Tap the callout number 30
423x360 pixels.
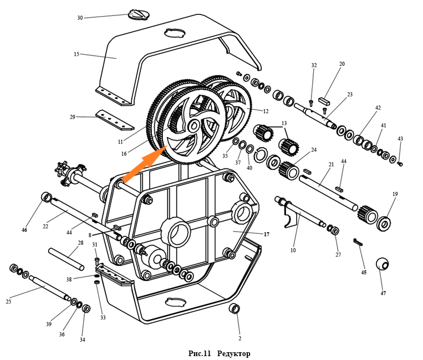(x=80, y=18)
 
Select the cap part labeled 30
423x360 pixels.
(x=136, y=13)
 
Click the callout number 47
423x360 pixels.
(x=383, y=293)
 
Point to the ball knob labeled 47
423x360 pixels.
(x=383, y=264)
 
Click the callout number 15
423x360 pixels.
(x=77, y=54)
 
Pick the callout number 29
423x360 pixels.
(x=72, y=117)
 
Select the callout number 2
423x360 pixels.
(x=239, y=338)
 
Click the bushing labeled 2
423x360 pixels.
(x=235, y=308)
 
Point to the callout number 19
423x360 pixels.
(x=395, y=194)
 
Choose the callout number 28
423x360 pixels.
(x=80, y=243)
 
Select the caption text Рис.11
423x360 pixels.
(x=200, y=353)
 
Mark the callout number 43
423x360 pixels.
(x=400, y=138)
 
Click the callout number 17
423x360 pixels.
(x=266, y=234)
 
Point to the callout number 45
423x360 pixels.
(x=364, y=272)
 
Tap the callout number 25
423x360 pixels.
(x=8, y=301)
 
